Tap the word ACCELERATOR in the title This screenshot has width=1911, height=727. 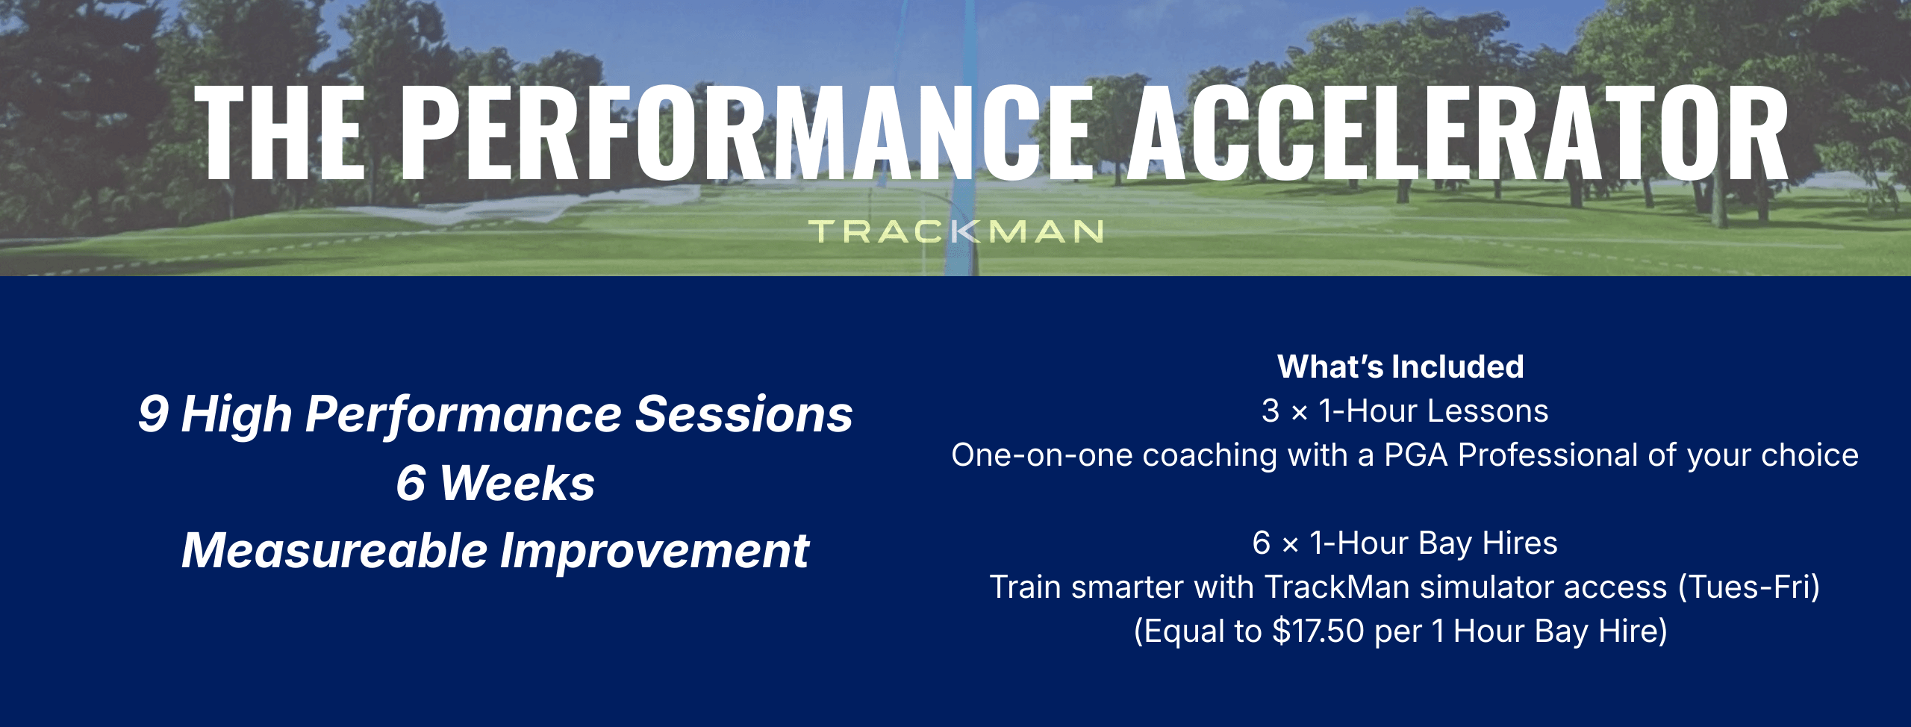pos(1458,134)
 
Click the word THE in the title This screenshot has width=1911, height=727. pos(280,134)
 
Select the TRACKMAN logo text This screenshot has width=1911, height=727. pos(956,231)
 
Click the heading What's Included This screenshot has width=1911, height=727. pos(1400,366)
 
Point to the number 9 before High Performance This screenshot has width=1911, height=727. pos(153,414)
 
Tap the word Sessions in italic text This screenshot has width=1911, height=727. pos(743,414)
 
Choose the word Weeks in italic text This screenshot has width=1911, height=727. pos(517,483)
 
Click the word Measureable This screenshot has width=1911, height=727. pos(334,551)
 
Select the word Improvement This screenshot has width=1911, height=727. pos(655,551)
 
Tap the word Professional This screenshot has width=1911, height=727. pos(1548,455)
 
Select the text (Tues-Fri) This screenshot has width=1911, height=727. pos(1749,587)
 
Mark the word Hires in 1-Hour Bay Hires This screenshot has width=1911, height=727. pos(1520,543)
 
